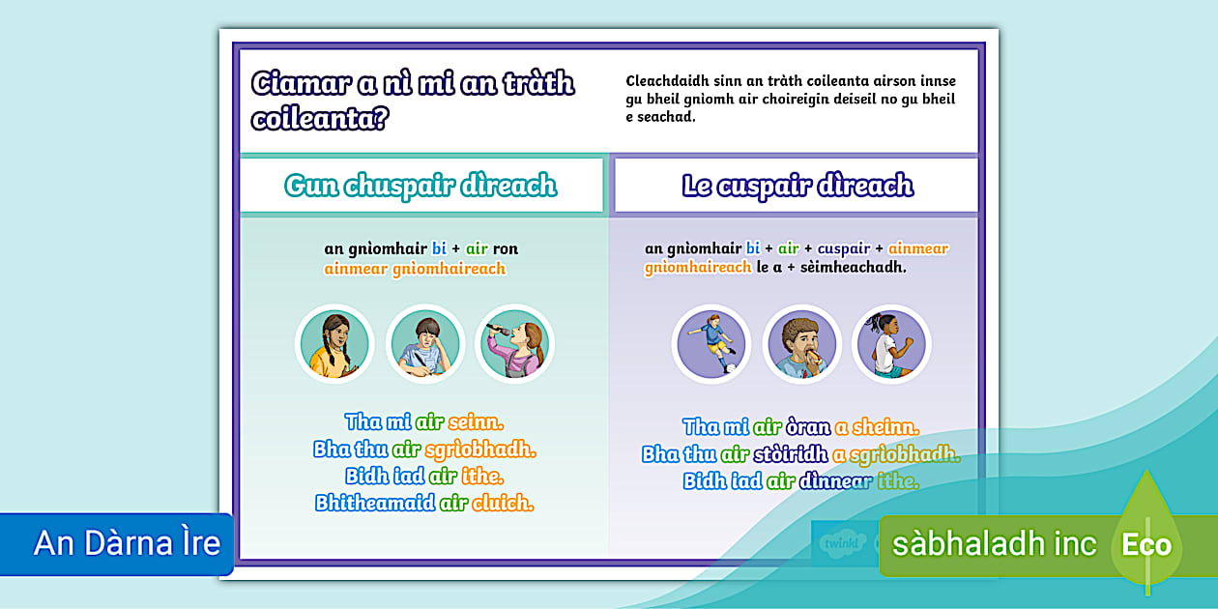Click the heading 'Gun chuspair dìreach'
point(420,186)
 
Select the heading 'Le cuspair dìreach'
point(797,186)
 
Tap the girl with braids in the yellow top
point(334,345)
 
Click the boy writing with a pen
point(425,345)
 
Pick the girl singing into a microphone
point(515,345)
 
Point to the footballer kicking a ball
point(711,345)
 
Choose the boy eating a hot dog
point(801,345)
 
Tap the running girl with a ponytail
point(891,345)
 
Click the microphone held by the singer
point(498,330)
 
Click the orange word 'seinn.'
point(476,422)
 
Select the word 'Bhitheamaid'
point(375,503)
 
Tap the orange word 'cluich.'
point(503,503)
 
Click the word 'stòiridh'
point(791,454)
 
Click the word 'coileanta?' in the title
point(320,119)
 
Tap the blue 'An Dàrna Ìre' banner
point(116,543)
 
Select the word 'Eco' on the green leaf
point(1146,545)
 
